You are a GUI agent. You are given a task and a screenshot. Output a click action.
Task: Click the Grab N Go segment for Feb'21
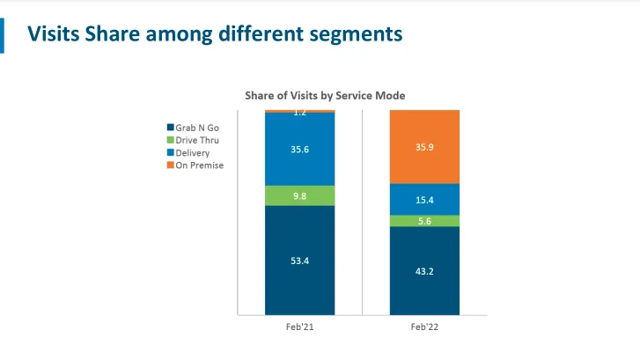(x=299, y=260)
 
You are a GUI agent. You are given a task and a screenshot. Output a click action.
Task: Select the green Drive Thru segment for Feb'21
(x=299, y=195)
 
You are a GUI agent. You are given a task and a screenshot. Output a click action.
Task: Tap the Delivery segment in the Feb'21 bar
(x=299, y=150)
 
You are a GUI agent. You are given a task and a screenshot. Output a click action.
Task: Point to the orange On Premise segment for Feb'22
(x=424, y=146)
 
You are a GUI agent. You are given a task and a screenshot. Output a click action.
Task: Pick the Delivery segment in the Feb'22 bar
(x=424, y=199)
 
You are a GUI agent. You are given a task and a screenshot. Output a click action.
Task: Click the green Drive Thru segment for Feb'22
(x=424, y=221)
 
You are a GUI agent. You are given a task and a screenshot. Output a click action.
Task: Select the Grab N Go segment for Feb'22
(x=424, y=270)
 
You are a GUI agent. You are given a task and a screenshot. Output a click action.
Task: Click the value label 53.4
(x=299, y=260)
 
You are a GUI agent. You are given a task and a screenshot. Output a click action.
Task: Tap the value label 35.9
(x=424, y=147)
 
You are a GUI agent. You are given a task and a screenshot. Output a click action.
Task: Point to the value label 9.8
(x=299, y=195)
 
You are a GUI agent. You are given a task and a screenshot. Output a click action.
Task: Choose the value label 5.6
(x=424, y=221)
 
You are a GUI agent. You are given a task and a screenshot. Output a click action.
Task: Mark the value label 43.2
(x=424, y=270)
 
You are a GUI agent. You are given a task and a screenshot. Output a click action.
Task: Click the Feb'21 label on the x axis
(x=299, y=327)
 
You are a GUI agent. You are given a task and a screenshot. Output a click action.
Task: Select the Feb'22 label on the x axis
(x=424, y=327)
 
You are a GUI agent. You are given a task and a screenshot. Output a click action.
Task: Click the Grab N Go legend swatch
(x=170, y=128)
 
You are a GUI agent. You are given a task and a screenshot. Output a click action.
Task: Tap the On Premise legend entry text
(x=200, y=165)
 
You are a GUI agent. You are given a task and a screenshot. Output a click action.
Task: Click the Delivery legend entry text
(x=194, y=153)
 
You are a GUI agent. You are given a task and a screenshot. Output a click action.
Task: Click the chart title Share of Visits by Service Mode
(x=324, y=95)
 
